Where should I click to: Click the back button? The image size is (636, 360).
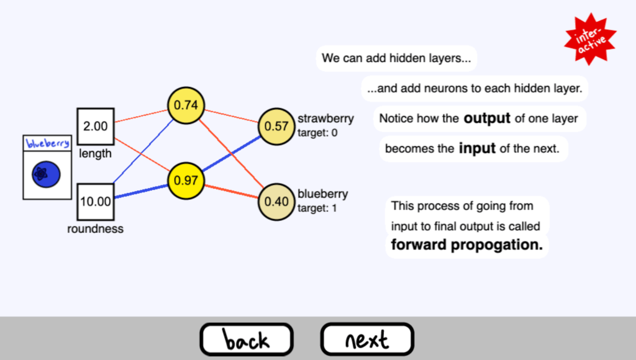click(x=246, y=340)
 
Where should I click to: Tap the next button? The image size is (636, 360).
click(x=367, y=340)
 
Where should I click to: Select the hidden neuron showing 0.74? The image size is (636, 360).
click(x=186, y=105)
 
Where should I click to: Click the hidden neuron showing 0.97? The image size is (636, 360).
click(x=186, y=181)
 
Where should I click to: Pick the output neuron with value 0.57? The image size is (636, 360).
click(x=276, y=126)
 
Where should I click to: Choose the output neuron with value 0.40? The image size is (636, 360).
click(x=276, y=202)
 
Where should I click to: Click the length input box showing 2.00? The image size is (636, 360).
click(x=96, y=126)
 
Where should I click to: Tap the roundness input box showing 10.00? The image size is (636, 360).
click(x=96, y=202)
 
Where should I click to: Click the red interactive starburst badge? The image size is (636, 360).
click(x=589, y=38)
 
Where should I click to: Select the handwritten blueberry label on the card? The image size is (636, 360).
click(x=47, y=143)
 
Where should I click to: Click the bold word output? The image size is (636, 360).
click(x=487, y=118)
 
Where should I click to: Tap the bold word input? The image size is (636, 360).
click(x=477, y=148)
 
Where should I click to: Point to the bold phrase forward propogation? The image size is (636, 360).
click(x=466, y=245)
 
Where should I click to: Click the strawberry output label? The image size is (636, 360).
click(x=325, y=118)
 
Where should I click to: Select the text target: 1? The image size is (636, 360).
click(x=317, y=208)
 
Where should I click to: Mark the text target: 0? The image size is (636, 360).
click(x=317, y=132)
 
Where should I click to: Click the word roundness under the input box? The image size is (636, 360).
click(x=96, y=229)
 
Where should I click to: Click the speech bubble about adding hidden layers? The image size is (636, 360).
click(x=396, y=59)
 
